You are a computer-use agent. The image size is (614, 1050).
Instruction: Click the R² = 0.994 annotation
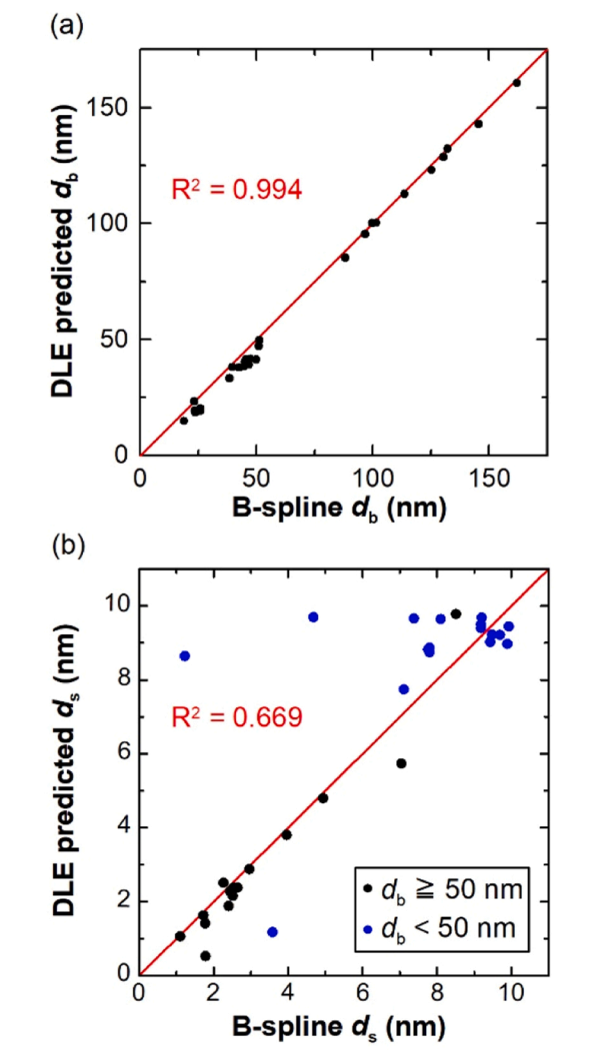coord(237,190)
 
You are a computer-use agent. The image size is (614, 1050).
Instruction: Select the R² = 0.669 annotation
coord(237,717)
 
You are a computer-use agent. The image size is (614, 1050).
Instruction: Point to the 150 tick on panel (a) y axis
coord(108,108)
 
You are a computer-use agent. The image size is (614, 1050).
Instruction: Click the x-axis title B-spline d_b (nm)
coord(339,509)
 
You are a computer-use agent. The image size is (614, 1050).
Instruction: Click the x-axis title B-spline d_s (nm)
coord(339,1025)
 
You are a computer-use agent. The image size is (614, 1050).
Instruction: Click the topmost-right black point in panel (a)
coord(516,83)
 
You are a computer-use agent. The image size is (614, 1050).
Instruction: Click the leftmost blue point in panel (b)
coord(185,655)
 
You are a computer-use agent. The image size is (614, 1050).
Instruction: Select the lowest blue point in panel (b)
coord(272,931)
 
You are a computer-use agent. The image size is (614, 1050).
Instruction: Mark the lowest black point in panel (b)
coord(205,955)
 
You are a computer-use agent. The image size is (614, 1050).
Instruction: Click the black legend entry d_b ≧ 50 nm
coord(442,890)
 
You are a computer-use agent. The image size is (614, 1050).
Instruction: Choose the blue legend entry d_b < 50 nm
coord(440,928)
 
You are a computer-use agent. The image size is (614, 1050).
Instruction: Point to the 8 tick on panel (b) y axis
coord(123,679)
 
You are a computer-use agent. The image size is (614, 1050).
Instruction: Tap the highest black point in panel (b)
coord(456,613)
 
